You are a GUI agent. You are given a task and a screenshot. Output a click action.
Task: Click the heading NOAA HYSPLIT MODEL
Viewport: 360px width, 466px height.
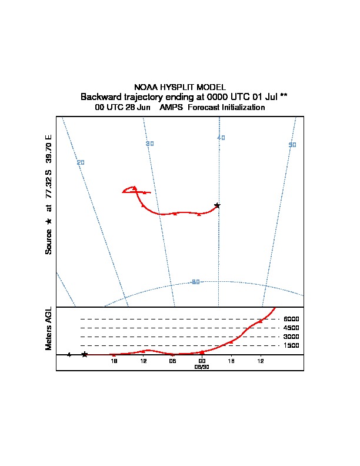(x=180, y=87)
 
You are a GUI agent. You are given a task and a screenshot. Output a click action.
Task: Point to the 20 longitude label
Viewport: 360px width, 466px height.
(x=81, y=162)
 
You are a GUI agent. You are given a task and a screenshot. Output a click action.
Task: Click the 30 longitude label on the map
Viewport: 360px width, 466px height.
(x=149, y=144)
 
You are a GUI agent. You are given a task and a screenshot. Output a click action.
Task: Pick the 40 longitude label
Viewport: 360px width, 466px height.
(x=221, y=138)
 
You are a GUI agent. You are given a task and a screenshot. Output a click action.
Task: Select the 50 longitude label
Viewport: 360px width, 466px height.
(x=292, y=145)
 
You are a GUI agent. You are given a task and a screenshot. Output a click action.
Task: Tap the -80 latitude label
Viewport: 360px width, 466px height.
(x=196, y=282)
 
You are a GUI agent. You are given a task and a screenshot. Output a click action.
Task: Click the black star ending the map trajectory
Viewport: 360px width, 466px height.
(x=217, y=205)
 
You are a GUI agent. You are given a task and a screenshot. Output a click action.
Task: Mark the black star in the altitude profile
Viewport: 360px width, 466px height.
(x=85, y=354)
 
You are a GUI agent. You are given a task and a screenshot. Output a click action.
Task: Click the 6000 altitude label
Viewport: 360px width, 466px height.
(x=291, y=319)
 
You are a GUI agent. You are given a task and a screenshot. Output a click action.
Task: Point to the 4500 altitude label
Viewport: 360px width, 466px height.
(x=291, y=328)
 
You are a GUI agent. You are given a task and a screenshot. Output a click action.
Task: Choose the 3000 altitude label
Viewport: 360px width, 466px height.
(x=291, y=337)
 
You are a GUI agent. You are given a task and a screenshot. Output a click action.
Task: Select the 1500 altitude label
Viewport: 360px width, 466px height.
(x=291, y=345)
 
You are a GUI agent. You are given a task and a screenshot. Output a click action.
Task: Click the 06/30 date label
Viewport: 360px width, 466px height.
(x=202, y=366)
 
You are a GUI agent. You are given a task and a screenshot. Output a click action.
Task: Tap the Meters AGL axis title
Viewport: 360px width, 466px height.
(x=49, y=328)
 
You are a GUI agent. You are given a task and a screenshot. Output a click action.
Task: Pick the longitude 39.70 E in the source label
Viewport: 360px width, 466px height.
(x=49, y=150)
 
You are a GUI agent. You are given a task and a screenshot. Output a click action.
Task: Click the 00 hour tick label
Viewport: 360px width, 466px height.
(x=202, y=360)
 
